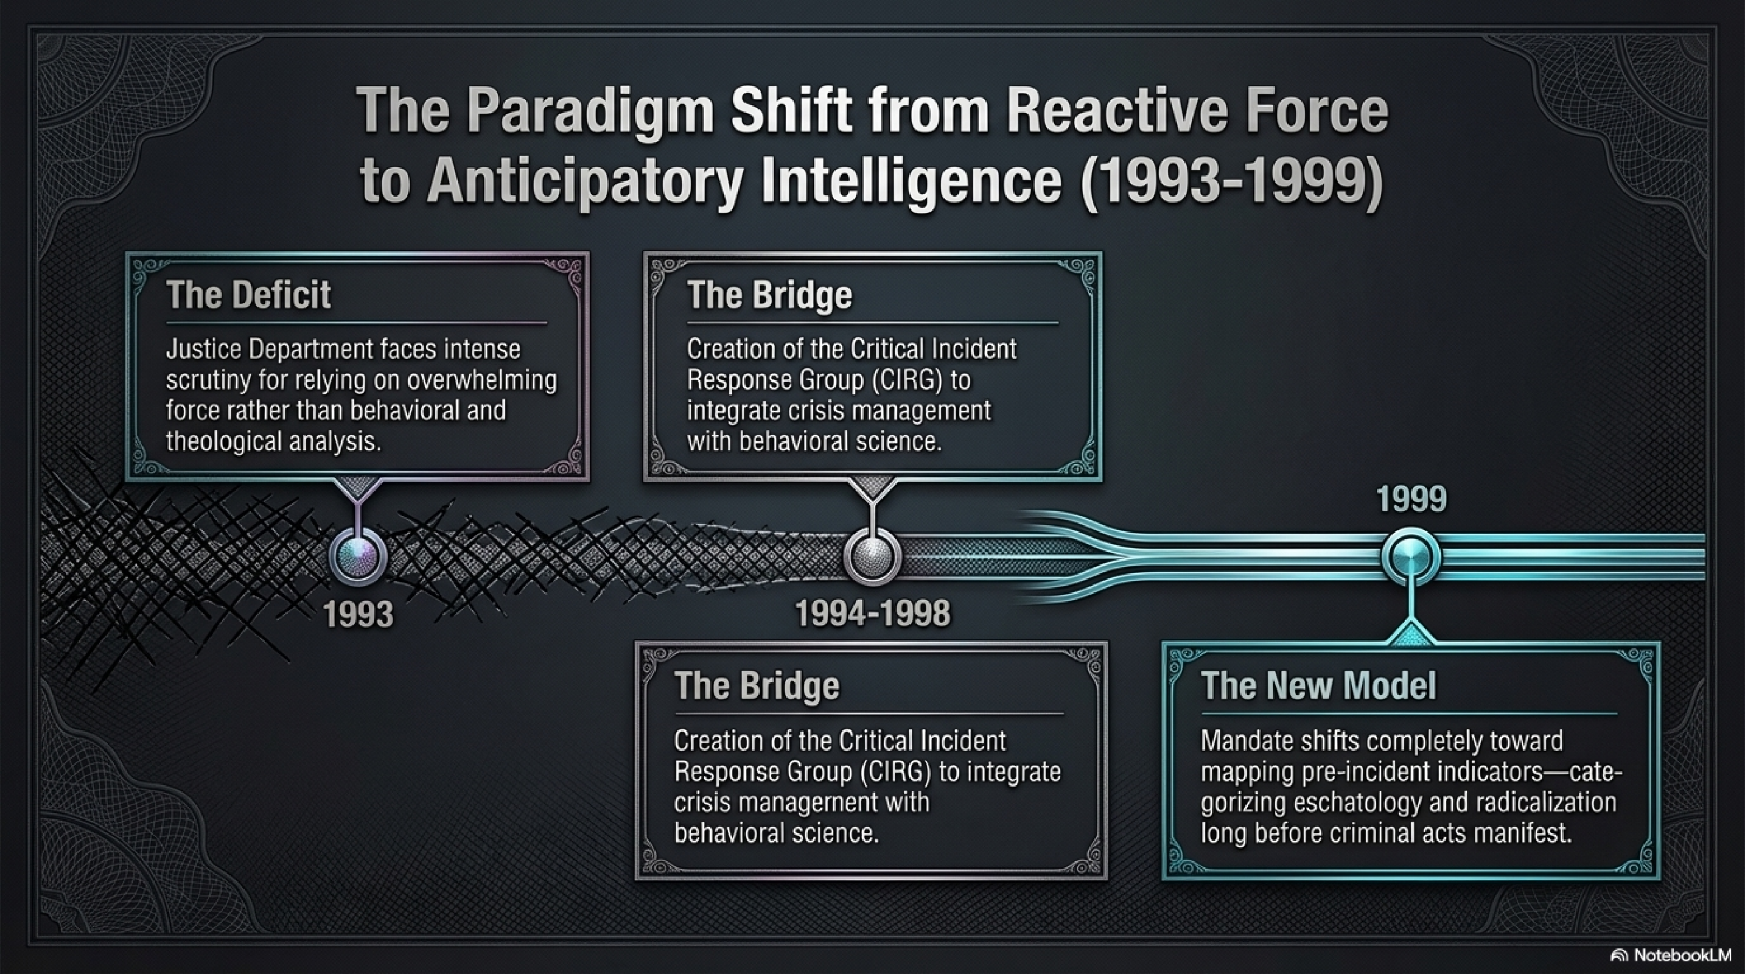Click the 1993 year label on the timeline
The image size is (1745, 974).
coord(358,614)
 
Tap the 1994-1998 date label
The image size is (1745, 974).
coord(873,614)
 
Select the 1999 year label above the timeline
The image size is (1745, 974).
coord(1411,499)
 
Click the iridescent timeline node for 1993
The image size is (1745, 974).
coord(358,557)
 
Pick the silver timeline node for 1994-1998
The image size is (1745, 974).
coord(873,557)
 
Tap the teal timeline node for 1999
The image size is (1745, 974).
coord(1411,557)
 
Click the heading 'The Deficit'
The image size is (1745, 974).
coord(248,295)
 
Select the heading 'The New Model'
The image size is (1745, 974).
coord(1318,685)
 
